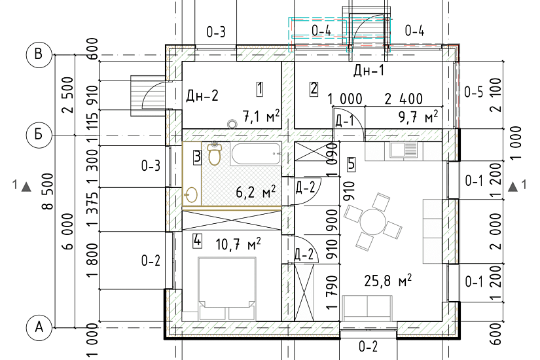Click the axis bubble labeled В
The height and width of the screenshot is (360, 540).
coord(39,54)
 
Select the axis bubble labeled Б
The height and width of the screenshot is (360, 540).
coord(39,135)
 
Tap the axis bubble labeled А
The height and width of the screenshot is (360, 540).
coord(39,327)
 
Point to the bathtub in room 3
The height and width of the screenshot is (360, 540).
coord(257,154)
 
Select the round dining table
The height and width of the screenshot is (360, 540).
coord(372,221)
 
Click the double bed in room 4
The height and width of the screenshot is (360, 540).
coord(227,289)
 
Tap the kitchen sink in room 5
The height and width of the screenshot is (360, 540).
coord(403,150)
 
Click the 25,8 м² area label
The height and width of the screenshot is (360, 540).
coord(387,281)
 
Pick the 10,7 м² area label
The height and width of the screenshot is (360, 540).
coord(238,244)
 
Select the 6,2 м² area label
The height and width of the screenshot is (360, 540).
coord(255,192)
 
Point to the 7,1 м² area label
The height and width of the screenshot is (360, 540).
coord(261,117)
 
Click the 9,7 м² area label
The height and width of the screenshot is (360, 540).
coord(418,117)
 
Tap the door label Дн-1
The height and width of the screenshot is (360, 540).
coord(369,71)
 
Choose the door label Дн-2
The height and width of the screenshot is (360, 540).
coord(202,96)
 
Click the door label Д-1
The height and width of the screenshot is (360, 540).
coord(344,121)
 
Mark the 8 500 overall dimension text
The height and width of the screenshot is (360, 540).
coord(48,191)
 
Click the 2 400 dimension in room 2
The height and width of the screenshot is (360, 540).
coord(404,99)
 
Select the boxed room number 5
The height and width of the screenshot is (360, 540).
coord(351,164)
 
